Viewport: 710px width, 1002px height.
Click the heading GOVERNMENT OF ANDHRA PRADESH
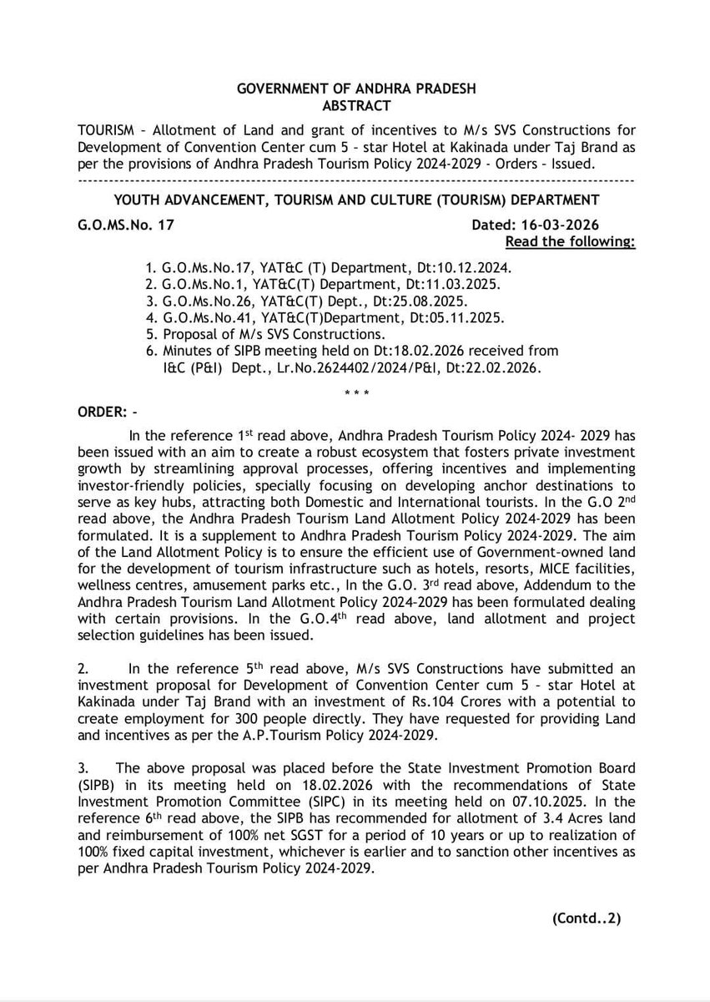click(x=355, y=89)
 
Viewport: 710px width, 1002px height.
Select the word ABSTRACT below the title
click(x=355, y=104)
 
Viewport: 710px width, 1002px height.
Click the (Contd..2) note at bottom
click(x=586, y=920)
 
